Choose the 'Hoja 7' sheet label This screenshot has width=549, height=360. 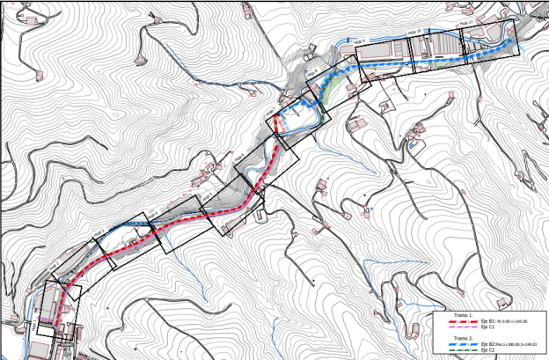pos(275,114)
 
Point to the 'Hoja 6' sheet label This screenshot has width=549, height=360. pos(238,151)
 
